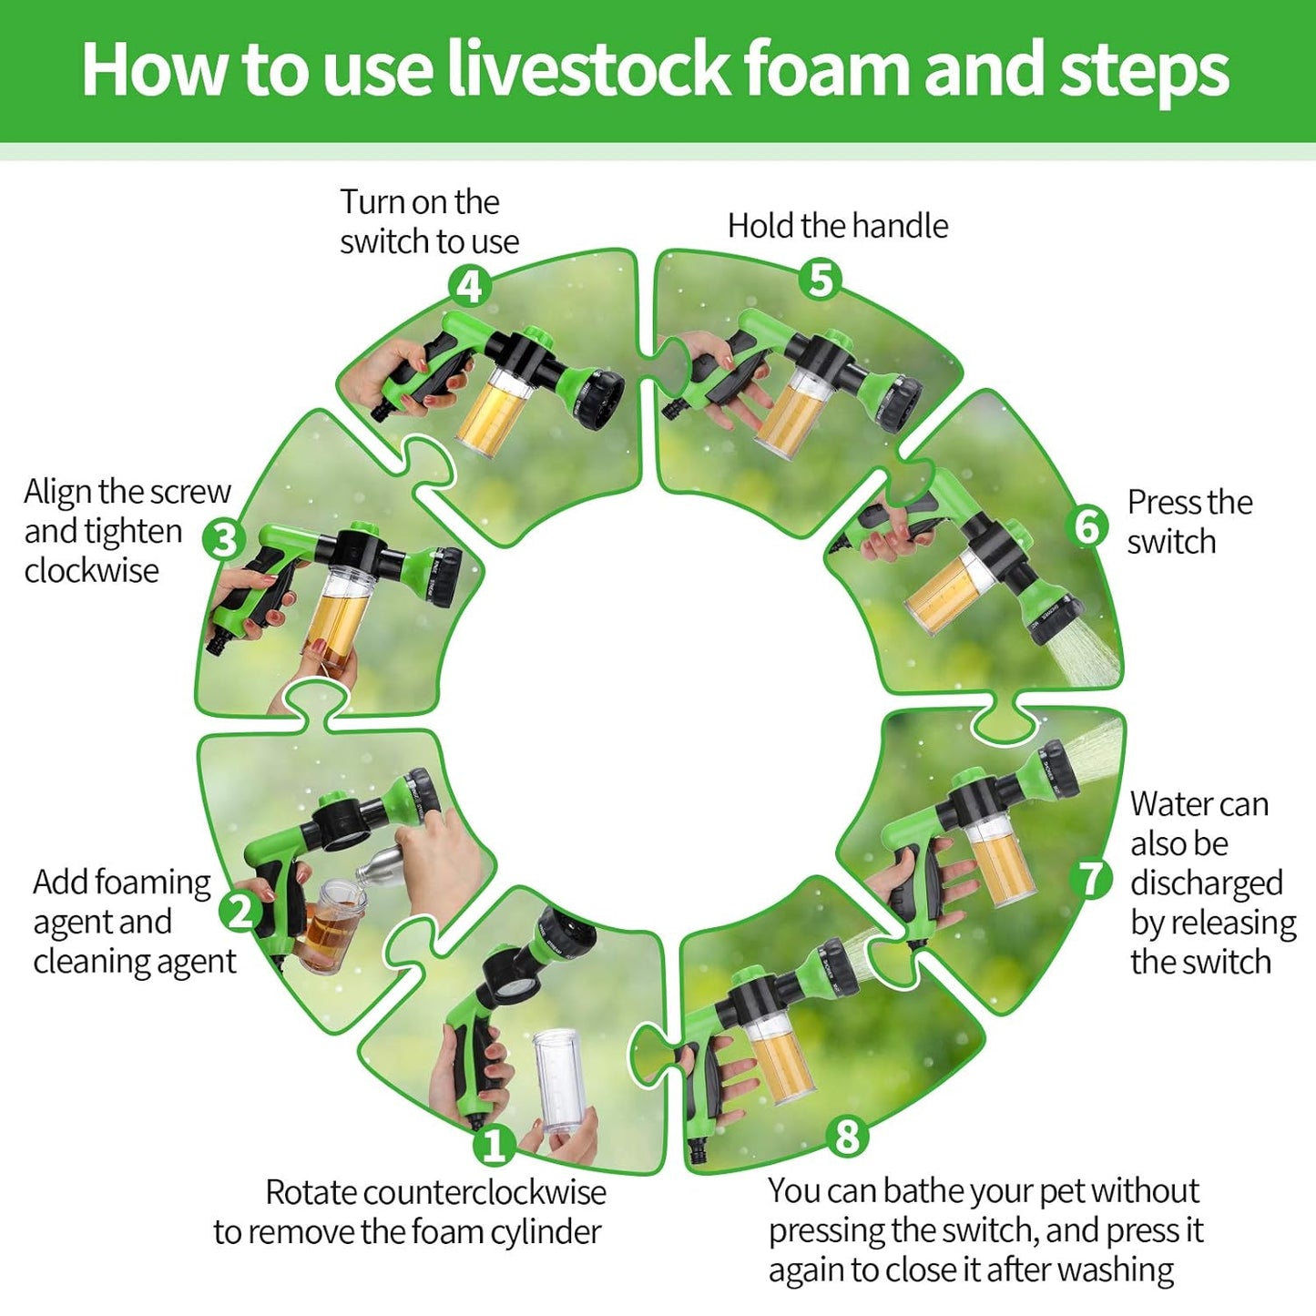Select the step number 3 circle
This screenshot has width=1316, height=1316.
224,539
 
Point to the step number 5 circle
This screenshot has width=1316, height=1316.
821,280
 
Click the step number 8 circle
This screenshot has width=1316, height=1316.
848,1137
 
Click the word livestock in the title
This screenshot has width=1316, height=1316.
588,69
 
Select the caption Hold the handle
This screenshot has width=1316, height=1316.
838,226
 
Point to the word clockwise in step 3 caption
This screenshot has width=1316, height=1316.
91,570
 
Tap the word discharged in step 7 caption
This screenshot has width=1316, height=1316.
1207,883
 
